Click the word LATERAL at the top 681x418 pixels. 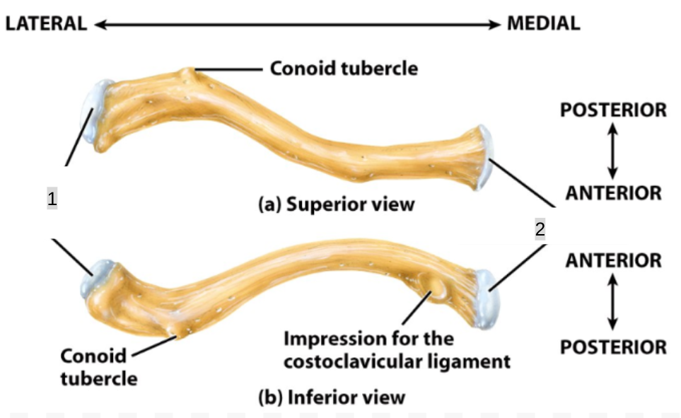[x=45, y=23]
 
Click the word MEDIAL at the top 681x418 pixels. [x=543, y=23]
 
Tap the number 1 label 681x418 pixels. [x=52, y=199]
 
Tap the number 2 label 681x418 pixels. [x=540, y=229]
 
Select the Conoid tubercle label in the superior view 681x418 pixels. [x=344, y=69]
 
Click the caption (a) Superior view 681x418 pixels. [x=336, y=204]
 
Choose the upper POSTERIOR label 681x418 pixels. [x=612, y=110]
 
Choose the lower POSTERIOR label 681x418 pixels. [x=612, y=347]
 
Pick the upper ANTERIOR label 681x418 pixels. [x=612, y=192]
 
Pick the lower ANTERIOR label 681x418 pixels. [x=612, y=260]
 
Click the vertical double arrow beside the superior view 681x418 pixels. [x=612, y=151]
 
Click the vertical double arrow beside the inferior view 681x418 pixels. [x=612, y=303]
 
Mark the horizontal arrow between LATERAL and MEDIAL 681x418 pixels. [x=297, y=24]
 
